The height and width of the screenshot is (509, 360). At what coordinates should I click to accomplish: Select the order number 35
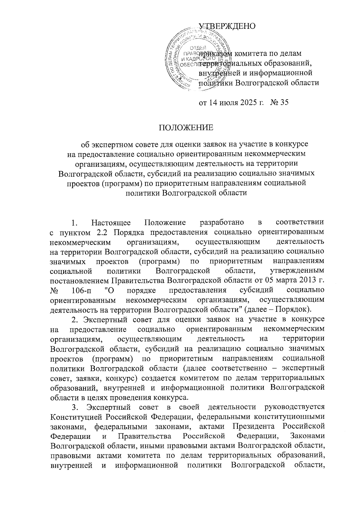[x=283, y=103]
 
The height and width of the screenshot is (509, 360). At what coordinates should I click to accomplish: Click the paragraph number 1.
[x=75, y=223]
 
